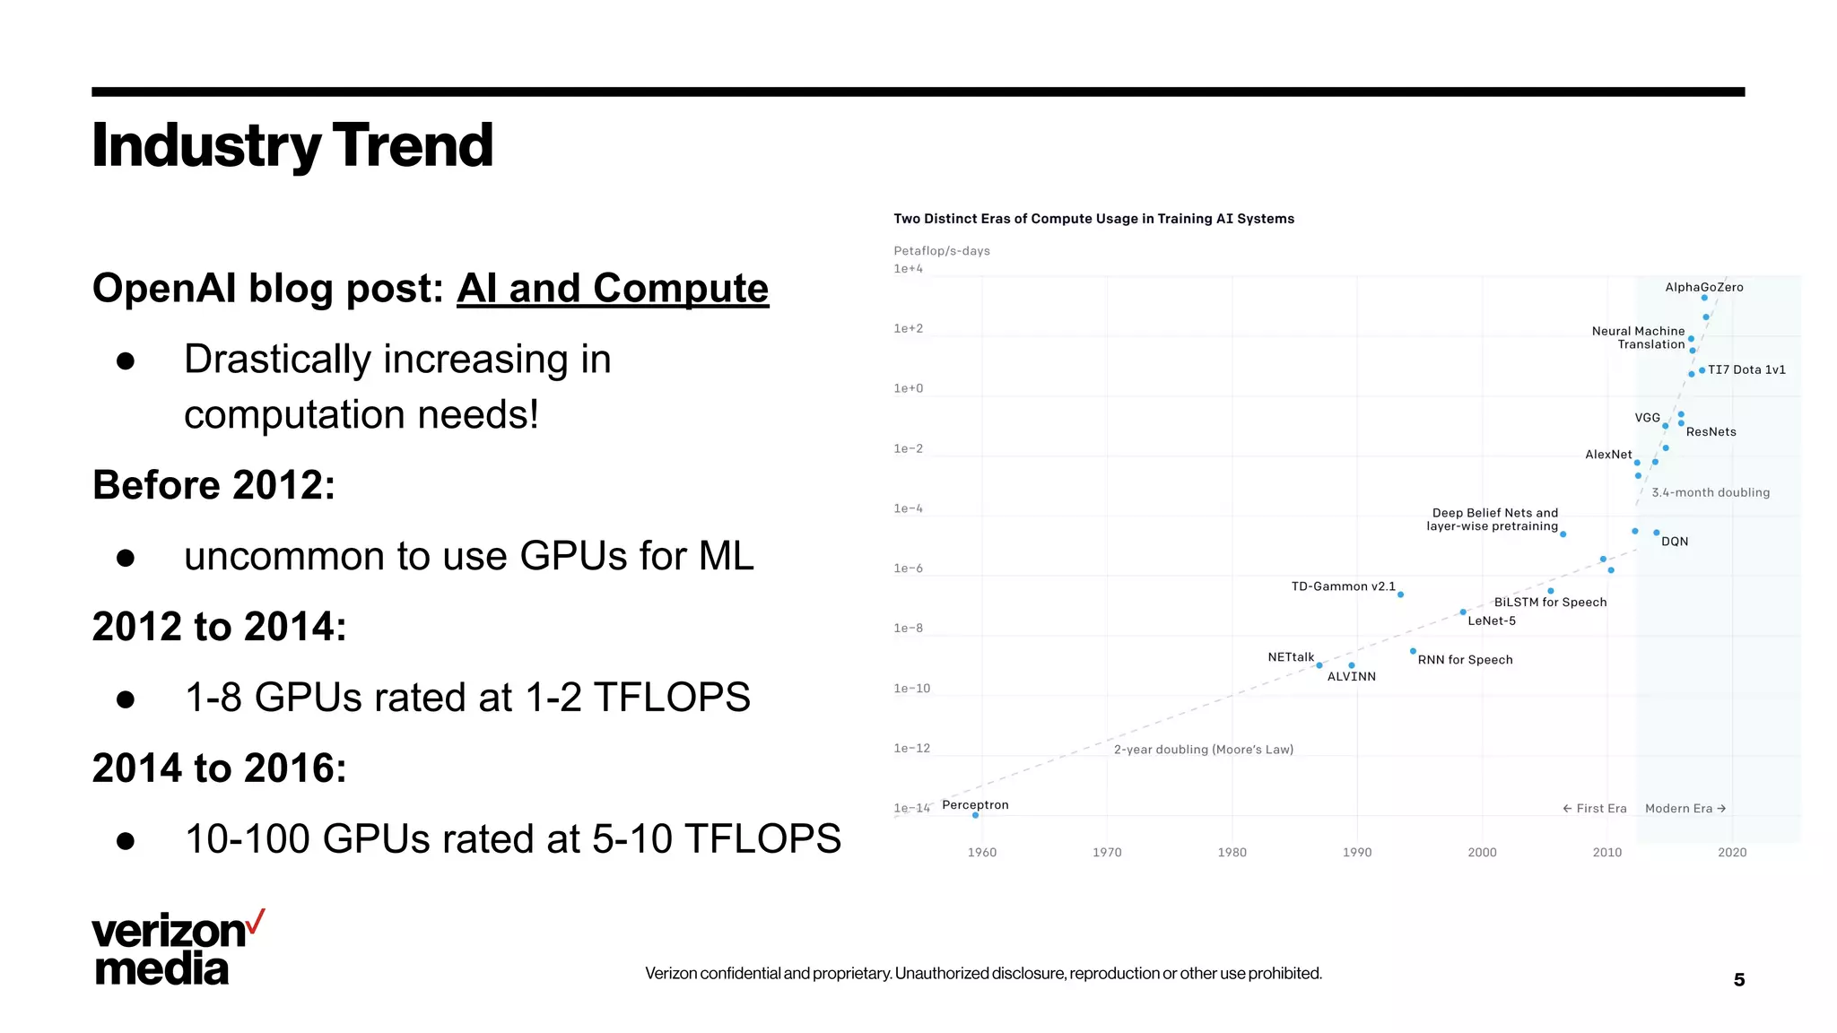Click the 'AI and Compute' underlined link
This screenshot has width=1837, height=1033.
612,289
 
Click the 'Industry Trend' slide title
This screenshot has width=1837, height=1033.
292,145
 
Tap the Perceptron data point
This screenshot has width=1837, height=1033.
975,815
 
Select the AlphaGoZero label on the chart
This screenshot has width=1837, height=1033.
1703,287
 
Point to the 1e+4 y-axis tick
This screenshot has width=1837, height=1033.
908,268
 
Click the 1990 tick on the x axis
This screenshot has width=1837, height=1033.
1356,852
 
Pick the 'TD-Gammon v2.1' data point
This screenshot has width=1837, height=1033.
1400,595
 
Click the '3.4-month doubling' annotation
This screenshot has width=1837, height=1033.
1710,492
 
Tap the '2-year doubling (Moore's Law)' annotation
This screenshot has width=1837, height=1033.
1203,749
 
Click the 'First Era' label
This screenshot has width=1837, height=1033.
1595,808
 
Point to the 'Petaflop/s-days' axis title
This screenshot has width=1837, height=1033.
941,250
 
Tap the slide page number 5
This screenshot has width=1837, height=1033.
1738,979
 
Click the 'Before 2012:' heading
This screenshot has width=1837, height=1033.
213,485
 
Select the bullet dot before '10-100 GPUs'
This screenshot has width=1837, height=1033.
126,841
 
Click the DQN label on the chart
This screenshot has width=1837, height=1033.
1674,542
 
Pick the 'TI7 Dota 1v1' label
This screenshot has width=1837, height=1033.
1746,369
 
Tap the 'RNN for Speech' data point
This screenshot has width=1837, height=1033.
1413,651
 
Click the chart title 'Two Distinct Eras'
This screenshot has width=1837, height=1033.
1093,219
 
